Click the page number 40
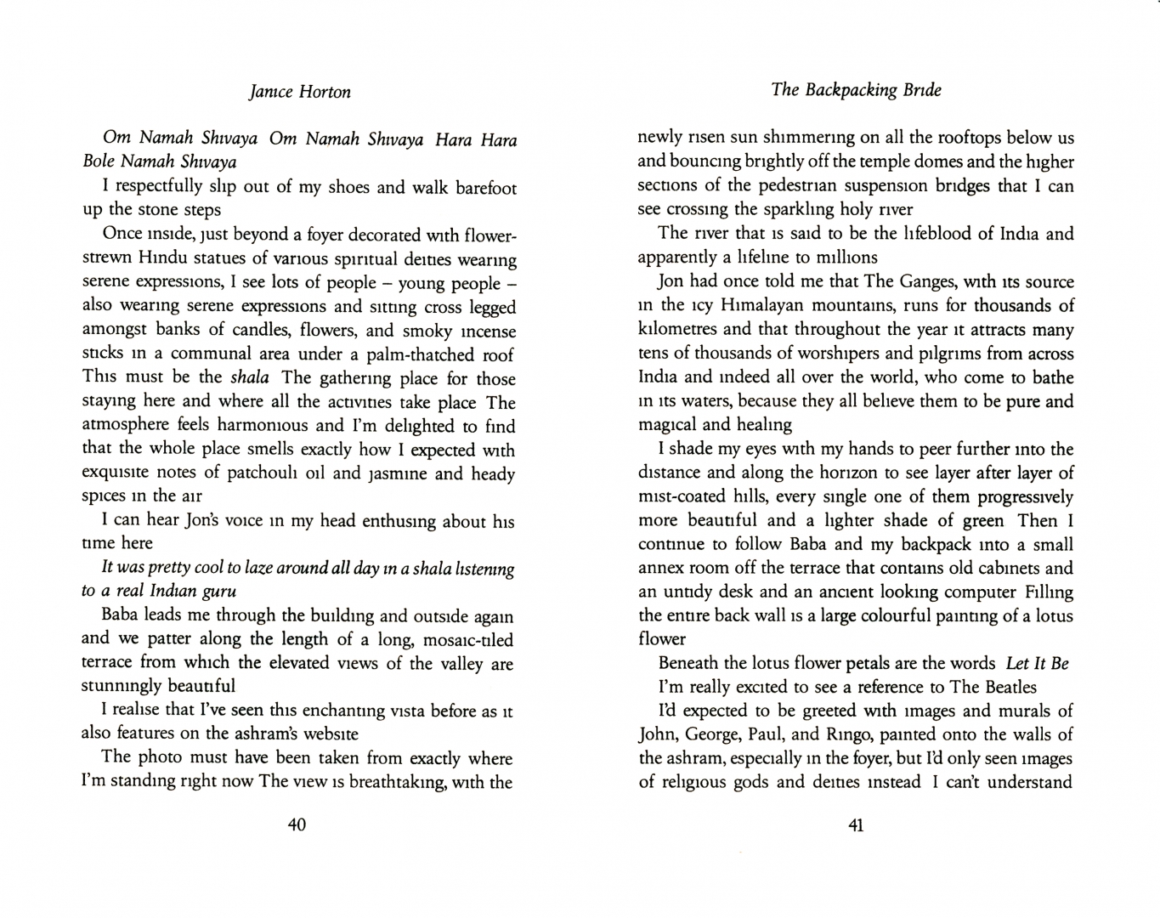pos(297,824)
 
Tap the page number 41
pos(855,824)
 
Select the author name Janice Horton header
pos(300,92)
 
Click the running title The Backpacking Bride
pos(856,89)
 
